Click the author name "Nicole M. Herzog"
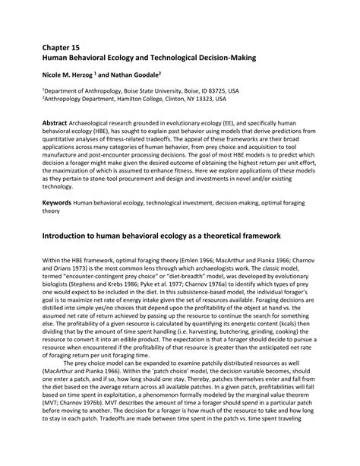[x=71, y=75]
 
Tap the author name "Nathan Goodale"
[x=137, y=75]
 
